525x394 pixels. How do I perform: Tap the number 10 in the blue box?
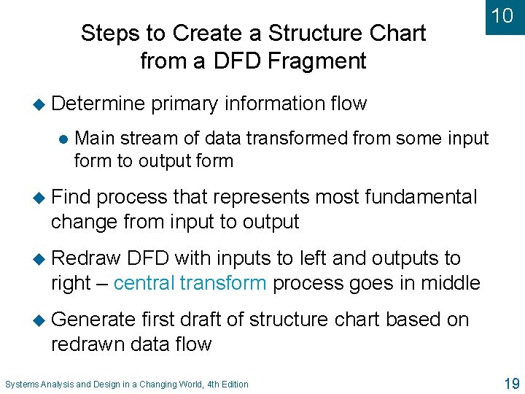502,15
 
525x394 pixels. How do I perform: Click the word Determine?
98,104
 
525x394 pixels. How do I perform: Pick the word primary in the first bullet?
184,104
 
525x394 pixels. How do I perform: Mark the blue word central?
144,282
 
